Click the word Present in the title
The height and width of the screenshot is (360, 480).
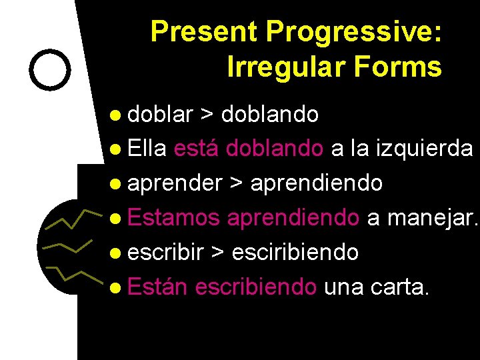[205, 31]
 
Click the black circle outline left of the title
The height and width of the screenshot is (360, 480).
[51, 69]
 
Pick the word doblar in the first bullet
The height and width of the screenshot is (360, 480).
[159, 115]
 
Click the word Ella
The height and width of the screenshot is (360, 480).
[147, 149]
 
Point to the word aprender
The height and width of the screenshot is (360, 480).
[175, 183]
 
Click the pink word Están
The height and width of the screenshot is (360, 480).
[158, 287]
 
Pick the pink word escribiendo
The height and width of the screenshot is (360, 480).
[257, 287]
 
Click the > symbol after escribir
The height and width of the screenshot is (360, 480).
[218, 253]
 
